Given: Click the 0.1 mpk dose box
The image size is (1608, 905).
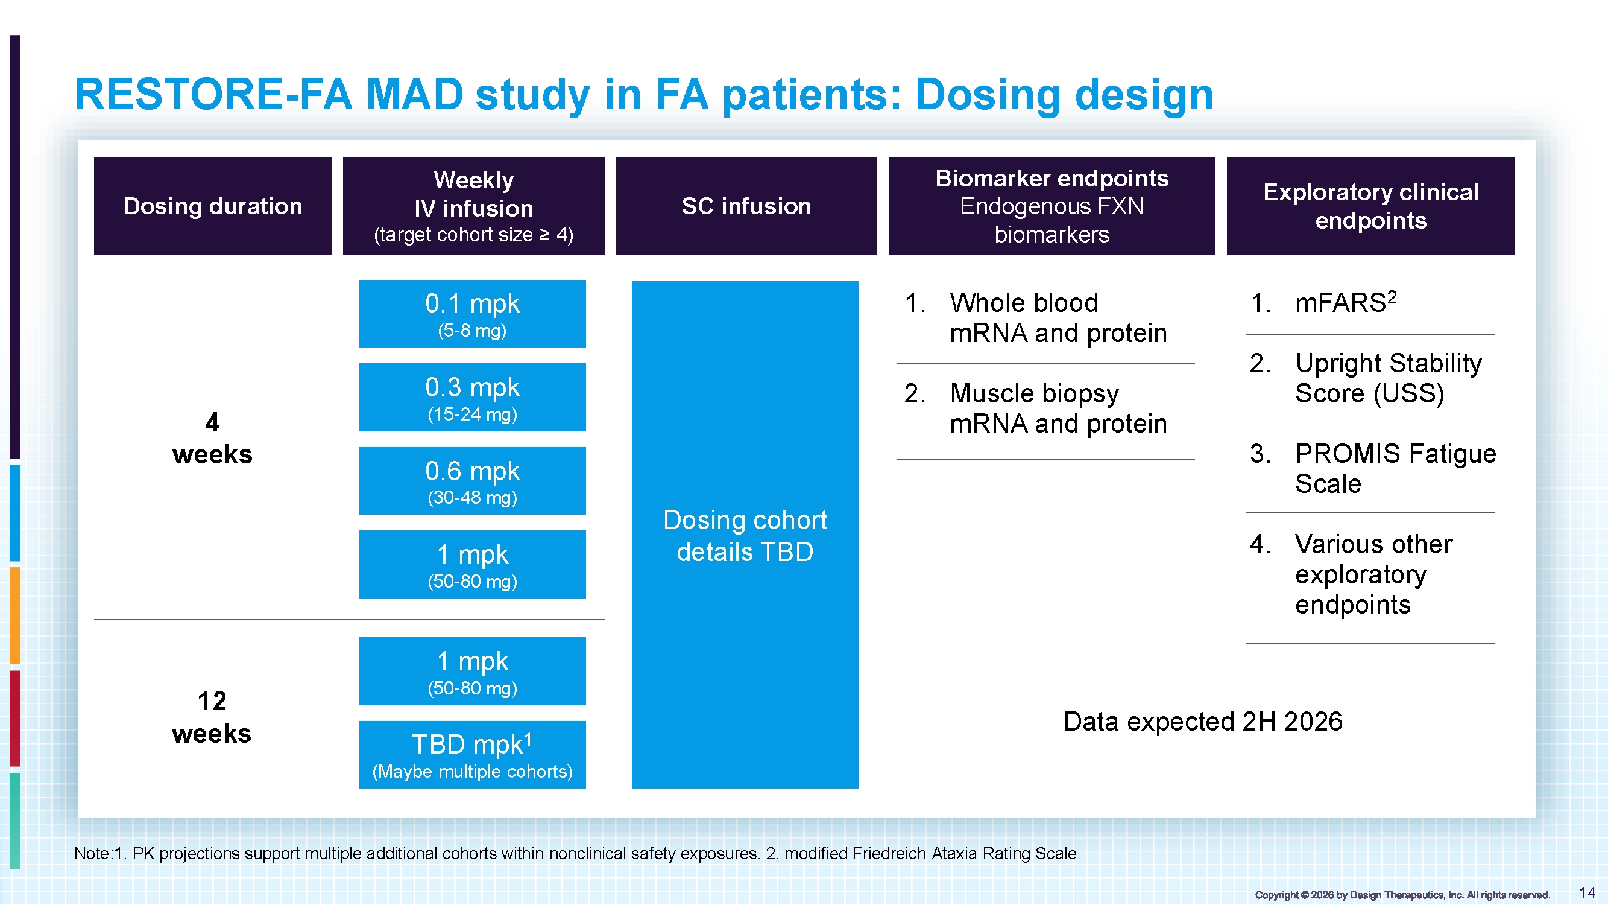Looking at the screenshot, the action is coord(473,314).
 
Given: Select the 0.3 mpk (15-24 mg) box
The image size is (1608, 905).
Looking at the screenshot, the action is coord(473,397).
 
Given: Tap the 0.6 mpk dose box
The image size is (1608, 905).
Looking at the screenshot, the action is coord(473,481).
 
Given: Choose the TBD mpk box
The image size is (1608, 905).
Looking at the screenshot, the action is coord(473,755).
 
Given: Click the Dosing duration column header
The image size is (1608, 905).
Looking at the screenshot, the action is coord(213,206).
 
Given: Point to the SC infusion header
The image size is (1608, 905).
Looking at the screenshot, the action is coord(746,206).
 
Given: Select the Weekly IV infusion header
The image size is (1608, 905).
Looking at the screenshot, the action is coord(474,206).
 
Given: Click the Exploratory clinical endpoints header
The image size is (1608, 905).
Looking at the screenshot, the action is coord(1371,206).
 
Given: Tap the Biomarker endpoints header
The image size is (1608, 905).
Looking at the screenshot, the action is coord(1052,206).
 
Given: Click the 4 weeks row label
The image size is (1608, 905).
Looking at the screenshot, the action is coord(212,439).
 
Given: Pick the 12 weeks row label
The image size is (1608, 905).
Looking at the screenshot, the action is coord(212,717).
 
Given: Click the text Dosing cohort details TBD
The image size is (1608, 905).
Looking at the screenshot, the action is coord(745,536).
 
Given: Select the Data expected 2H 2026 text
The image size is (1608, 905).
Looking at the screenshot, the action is coord(1203,722).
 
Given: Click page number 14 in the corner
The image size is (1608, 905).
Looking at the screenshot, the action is coord(1588,892).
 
